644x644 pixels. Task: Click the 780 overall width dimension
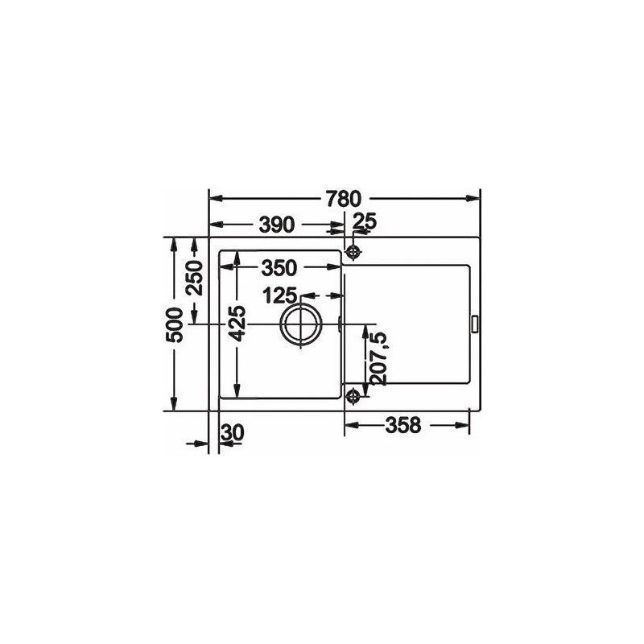(344, 198)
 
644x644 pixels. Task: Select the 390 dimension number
(277, 225)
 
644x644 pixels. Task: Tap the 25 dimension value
(365, 222)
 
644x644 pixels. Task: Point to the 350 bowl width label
(279, 268)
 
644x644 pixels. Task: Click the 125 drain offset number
(279, 295)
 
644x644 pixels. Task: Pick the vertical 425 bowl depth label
(237, 324)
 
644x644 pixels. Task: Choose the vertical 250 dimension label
(195, 278)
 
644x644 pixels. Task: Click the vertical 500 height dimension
(174, 325)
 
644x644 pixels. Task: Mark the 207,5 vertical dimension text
(378, 358)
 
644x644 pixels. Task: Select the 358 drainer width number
(403, 425)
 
